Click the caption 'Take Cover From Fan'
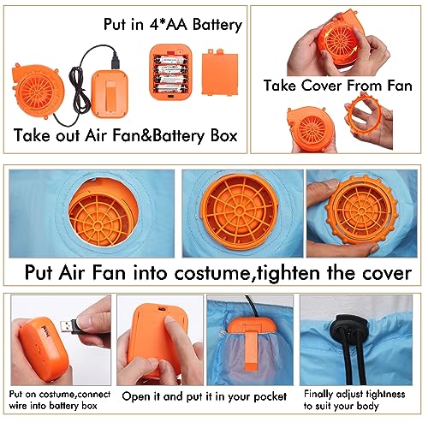pos(338,86)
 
